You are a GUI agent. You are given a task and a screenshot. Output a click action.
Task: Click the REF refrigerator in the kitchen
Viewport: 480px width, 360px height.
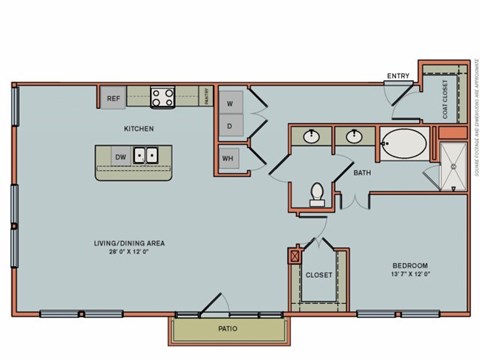(x=113, y=99)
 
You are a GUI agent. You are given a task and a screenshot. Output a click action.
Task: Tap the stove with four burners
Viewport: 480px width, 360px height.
(x=162, y=97)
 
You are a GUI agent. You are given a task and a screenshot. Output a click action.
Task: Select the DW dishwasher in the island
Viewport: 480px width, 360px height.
(x=120, y=157)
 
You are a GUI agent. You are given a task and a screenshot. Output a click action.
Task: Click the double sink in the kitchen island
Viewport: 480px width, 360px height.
(x=146, y=156)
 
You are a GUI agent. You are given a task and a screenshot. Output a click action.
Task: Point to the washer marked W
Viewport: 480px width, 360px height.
(x=229, y=103)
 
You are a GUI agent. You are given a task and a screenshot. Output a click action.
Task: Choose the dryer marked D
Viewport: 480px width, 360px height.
(x=229, y=126)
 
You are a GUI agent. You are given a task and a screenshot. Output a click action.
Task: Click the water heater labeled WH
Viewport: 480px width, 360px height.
(x=229, y=157)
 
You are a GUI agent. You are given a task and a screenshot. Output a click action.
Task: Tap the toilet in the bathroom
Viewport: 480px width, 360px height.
(x=317, y=192)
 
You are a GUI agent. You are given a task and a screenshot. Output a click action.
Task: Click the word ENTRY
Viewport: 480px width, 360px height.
(x=397, y=75)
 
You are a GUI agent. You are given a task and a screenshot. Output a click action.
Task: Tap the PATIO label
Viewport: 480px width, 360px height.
(x=229, y=328)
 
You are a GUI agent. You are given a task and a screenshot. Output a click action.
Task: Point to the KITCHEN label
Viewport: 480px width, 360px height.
(x=139, y=129)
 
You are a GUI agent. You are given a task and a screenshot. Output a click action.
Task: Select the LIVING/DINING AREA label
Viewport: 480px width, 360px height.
(x=129, y=243)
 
